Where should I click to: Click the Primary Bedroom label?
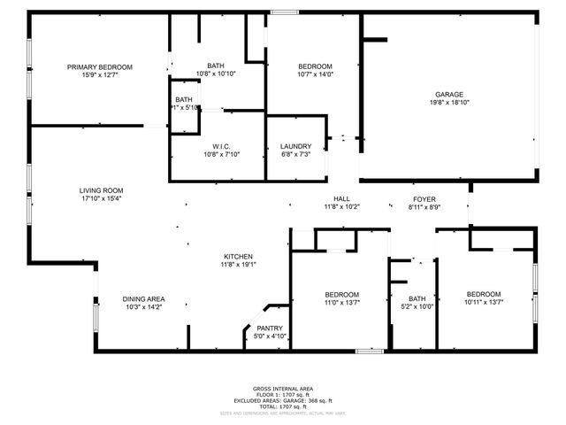[x=100, y=67]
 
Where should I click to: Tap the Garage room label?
[x=448, y=94]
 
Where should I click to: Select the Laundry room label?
[x=294, y=146]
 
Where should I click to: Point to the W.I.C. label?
[x=221, y=146]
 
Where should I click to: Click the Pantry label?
[x=269, y=328]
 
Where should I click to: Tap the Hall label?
[x=341, y=198]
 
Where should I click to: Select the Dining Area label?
[x=143, y=299]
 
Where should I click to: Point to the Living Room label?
[x=101, y=190]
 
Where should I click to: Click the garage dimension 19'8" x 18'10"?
[x=448, y=103]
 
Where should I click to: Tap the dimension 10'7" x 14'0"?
[x=315, y=75]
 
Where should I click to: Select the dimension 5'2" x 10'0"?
[x=417, y=307]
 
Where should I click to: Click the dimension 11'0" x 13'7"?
[x=341, y=303]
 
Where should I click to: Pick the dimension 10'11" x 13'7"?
[x=484, y=303]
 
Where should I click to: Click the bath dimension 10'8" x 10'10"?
[x=216, y=74]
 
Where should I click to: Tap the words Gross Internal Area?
[x=283, y=389]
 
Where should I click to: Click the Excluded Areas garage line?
[x=283, y=399]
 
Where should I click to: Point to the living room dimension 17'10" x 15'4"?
[x=101, y=198]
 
